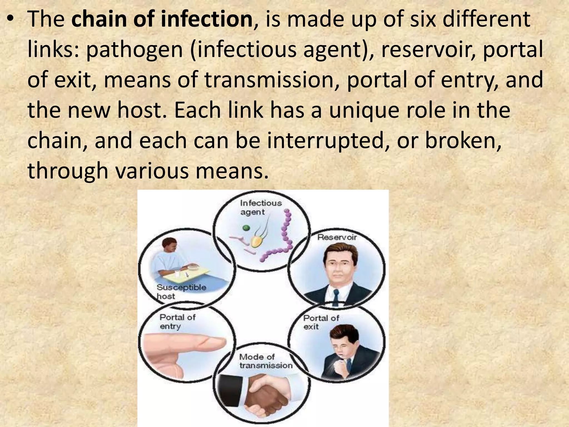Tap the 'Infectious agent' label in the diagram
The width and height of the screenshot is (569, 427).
point(260,207)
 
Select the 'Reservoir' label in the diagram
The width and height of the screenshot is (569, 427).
point(337,237)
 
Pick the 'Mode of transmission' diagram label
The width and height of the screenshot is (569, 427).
point(265,361)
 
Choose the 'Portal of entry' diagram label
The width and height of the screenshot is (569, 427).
point(177,321)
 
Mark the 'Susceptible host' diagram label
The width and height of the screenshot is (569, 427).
point(181,291)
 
